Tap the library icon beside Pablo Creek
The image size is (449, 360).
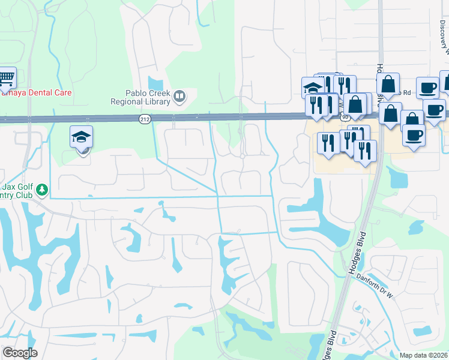pyautogui.click(x=178, y=96)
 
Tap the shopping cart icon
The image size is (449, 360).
pyautogui.click(x=6, y=77)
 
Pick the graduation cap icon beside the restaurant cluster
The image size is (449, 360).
pyautogui.click(x=312, y=88)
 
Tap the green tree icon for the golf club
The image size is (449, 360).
pyautogui.click(x=41, y=190)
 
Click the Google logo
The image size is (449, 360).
pyautogui.click(x=20, y=353)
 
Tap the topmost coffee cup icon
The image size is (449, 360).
pyautogui.click(x=427, y=88)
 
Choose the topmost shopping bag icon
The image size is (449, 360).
pyautogui.click(x=388, y=84)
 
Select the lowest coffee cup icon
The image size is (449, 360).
pyautogui.click(x=414, y=134)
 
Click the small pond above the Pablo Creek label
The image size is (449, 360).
pyautogui.click(x=155, y=82)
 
